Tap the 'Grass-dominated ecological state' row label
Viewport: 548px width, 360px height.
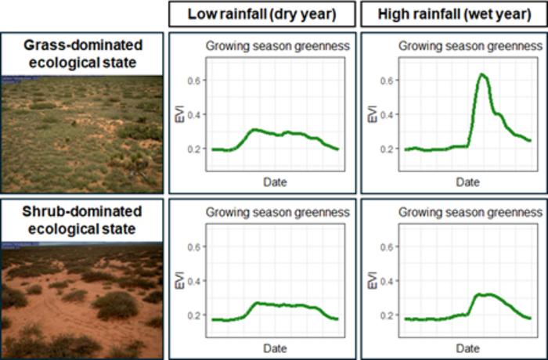pos(81,51)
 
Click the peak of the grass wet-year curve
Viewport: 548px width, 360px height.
pos(482,74)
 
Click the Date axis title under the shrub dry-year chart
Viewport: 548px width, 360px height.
pos(275,347)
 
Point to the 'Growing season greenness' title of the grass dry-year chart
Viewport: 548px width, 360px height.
pos(277,46)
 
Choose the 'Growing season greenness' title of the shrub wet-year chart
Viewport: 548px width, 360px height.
pos(470,211)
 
